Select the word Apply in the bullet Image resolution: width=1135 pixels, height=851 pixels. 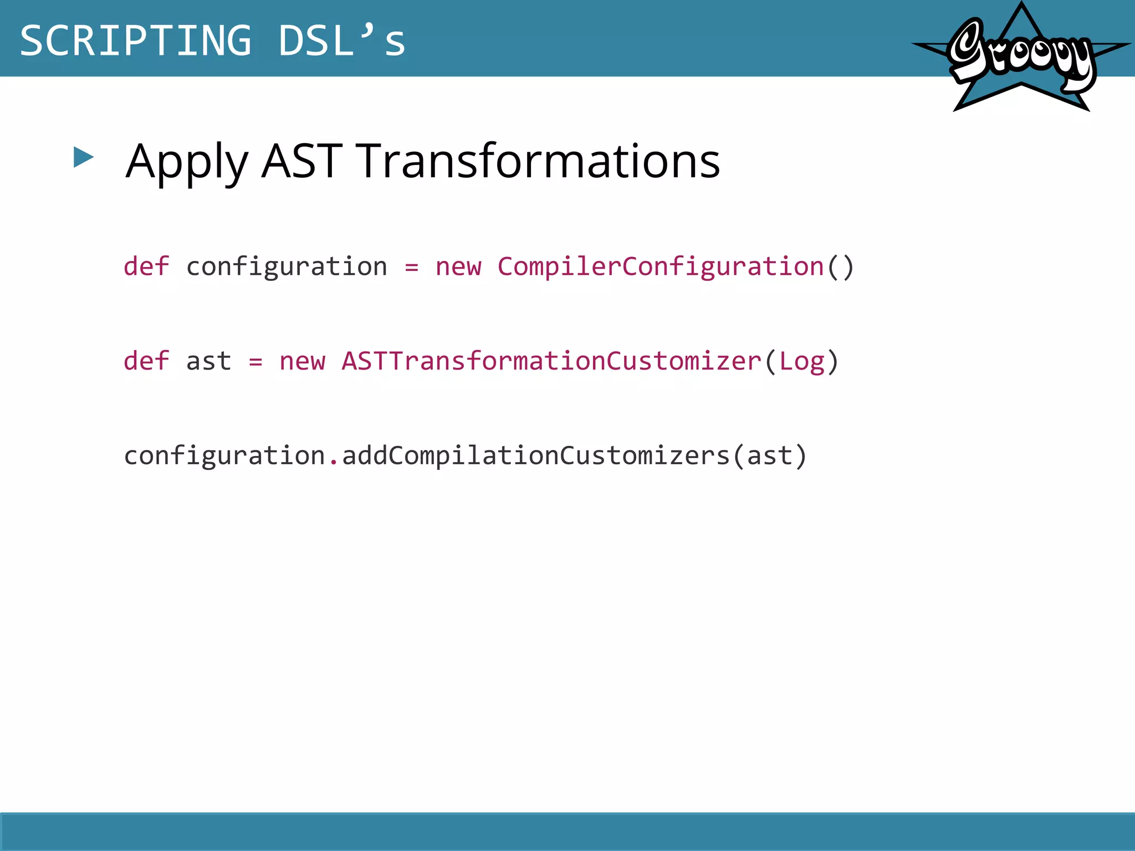click(x=187, y=161)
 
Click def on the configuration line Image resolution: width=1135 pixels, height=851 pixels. click(x=146, y=266)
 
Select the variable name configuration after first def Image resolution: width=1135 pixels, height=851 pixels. click(x=287, y=267)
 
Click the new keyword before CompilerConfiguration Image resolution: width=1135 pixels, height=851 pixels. click(x=458, y=267)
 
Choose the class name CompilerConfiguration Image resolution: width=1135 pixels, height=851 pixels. click(x=660, y=267)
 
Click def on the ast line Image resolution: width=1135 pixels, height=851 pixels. click(x=146, y=361)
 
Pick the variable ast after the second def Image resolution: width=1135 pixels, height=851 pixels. click(x=208, y=362)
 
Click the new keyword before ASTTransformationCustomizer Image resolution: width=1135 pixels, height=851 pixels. click(x=303, y=362)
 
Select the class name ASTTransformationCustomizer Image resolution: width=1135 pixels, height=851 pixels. click(x=551, y=361)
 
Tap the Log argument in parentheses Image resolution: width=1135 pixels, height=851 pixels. click(x=802, y=362)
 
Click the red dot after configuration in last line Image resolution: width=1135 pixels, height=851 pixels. click(x=333, y=462)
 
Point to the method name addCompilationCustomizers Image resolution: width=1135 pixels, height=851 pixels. click(x=536, y=456)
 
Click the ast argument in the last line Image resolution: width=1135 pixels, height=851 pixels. click(x=770, y=456)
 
